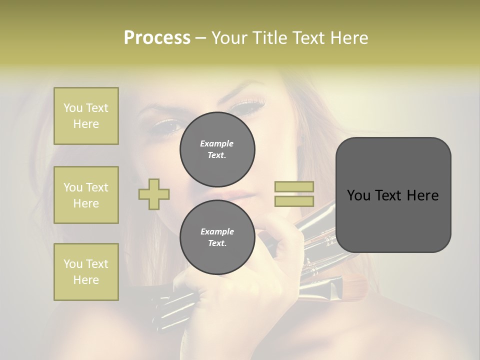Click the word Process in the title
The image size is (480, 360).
(x=157, y=38)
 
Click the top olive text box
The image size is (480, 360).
(x=86, y=116)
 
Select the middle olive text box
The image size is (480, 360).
(x=86, y=195)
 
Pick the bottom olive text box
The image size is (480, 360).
(x=86, y=272)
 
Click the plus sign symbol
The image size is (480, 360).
(x=154, y=194)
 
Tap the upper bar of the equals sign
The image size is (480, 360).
(x=294, y=187)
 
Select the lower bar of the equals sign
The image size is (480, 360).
(x=294, y=201)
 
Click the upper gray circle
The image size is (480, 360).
(x=217, y=149)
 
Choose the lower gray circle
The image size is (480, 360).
(x=217, y=237)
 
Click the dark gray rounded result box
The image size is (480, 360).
(x=393, y=195)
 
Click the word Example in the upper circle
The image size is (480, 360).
(x=216, y=143)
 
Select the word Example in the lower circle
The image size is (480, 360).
(x=217, y=231)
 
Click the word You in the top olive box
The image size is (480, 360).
(x=72, y=108)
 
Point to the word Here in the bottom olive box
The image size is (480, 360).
(x=86, y=280)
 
